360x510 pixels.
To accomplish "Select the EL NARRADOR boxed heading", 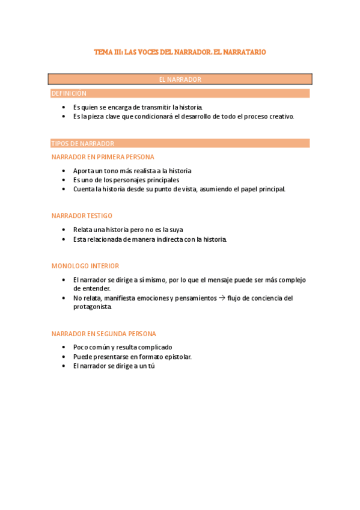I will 180,79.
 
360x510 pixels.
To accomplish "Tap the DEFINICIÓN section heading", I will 69,93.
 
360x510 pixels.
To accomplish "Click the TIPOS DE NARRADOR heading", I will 83,143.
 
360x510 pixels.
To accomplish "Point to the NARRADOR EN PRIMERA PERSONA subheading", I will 103,157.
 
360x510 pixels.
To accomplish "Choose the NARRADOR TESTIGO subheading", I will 82,215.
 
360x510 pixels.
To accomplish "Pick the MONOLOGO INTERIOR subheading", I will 85,265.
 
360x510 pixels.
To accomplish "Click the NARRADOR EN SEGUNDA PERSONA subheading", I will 104,333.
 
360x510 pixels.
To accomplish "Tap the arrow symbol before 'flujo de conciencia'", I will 222,298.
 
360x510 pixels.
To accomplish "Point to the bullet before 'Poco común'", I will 64,347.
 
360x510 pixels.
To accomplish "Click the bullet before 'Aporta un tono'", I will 64,171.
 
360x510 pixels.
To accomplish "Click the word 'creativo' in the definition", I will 281,117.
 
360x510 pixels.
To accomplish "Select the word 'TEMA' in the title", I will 103,52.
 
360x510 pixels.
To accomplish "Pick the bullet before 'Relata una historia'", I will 64,230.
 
